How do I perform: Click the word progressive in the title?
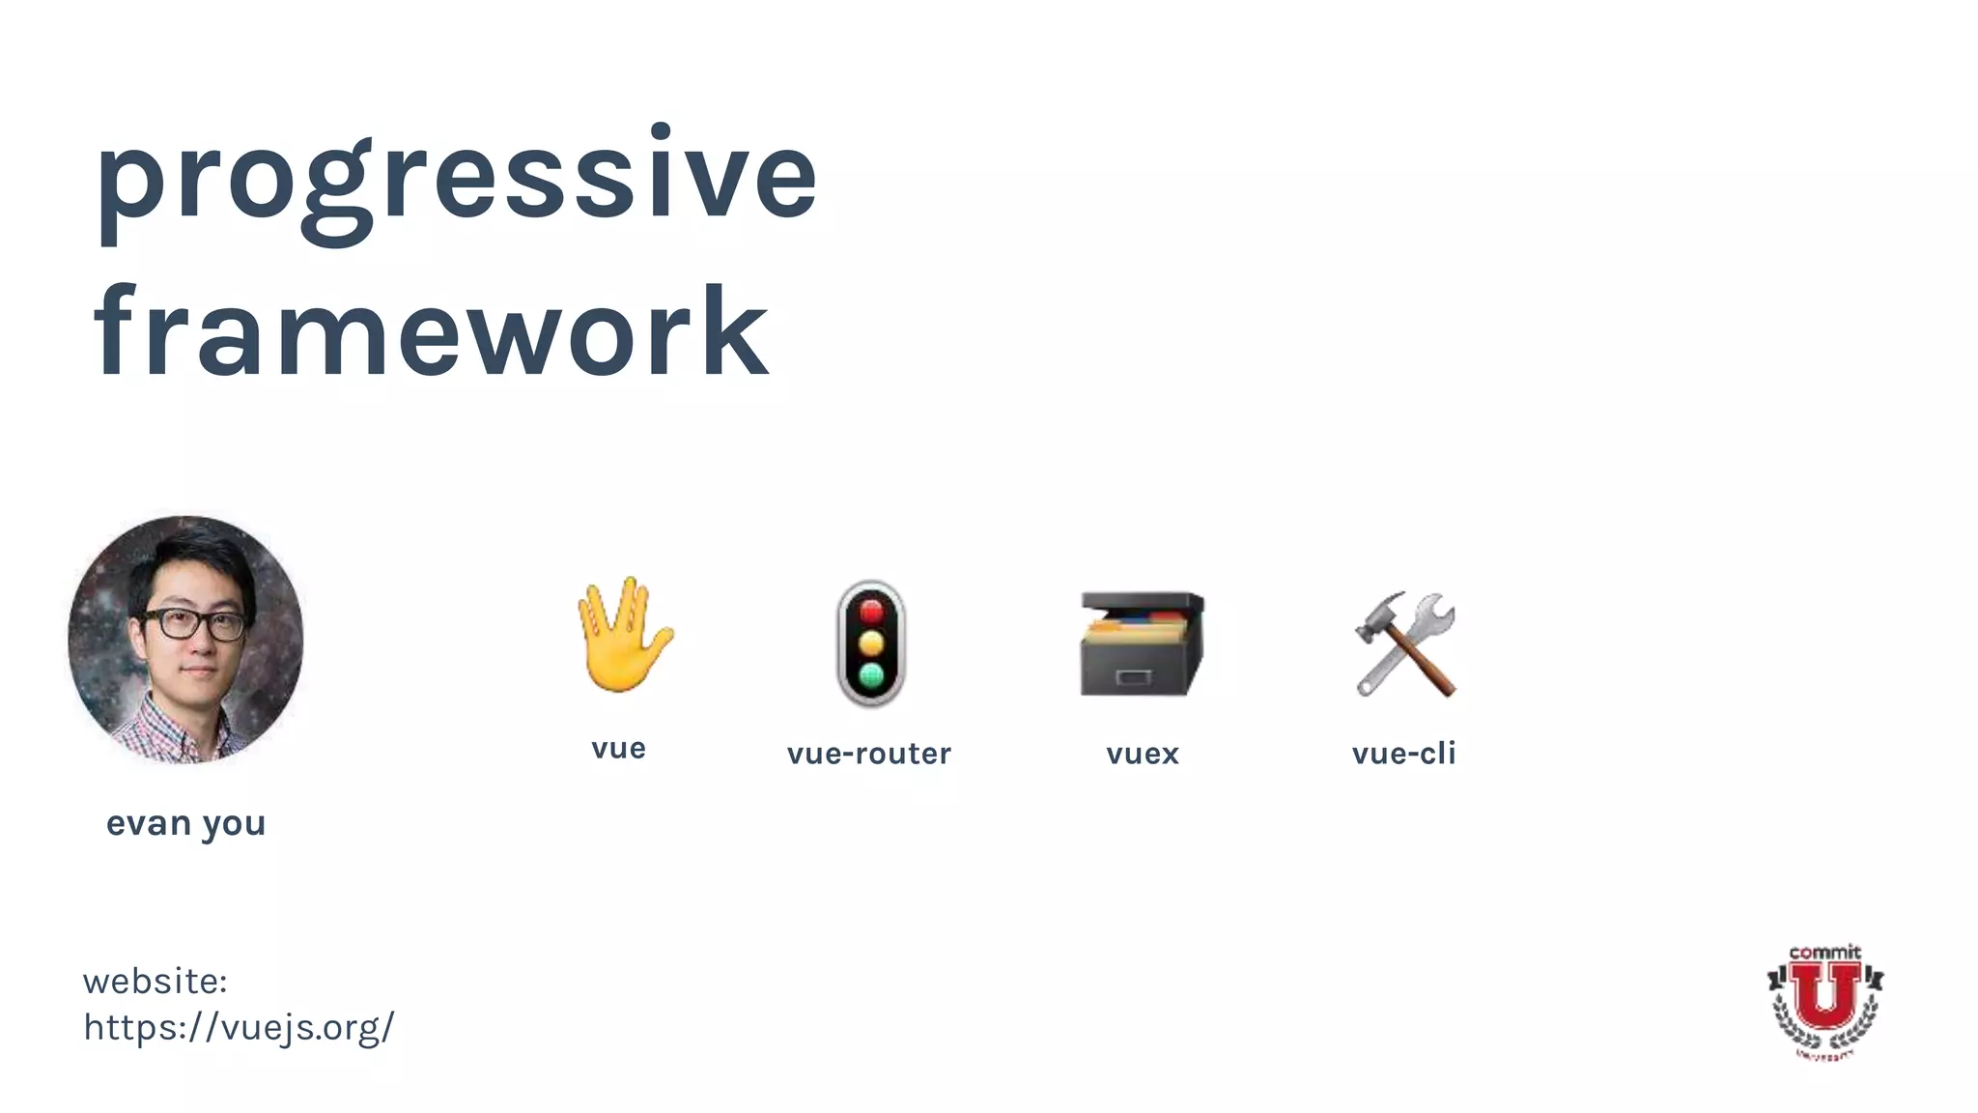[456, 179]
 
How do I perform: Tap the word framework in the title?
[431, 333]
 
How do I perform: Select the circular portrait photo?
[185, 640]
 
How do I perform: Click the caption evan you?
[185, 823]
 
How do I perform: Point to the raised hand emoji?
[624, 635]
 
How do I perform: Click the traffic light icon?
[871, 643]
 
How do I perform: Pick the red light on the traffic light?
[871, 612]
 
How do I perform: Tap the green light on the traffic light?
[871, 675]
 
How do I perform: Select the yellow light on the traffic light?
[871, 643]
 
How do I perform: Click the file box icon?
[1142, 643]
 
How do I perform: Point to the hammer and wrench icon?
[1405, 643]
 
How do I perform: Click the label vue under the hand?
[618, 749]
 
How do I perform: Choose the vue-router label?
[869, 754]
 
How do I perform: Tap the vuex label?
[1143, 754]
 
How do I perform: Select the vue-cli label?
[1403, 754]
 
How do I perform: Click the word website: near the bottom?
[155, 982]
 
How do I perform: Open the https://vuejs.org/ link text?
[239, 1027]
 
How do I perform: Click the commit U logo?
[1824, 1002]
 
